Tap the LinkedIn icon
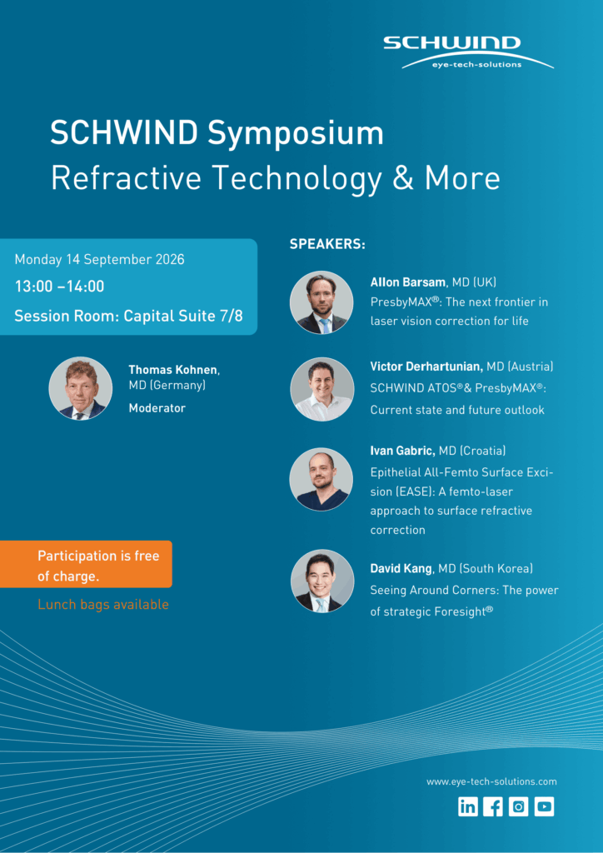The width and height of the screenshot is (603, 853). (x=467, y=806)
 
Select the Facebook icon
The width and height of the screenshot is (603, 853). (x=493, y=806)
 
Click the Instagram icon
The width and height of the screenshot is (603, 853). (x=519, y=806)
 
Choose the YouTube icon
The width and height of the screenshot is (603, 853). (x=544, y=806)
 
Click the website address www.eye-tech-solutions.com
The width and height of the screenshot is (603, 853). (x=491, y=781)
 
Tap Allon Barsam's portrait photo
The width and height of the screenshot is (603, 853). (x=321, y=302)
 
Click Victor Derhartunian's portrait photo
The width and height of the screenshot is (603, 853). (x=321, y=389)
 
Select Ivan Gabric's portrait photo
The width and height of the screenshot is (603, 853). (x=321, y=479)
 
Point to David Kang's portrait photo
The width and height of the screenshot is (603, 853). (x=321, y=581)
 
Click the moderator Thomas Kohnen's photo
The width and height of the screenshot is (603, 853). (x=81, y=388)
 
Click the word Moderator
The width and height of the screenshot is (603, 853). (x=157, y=407)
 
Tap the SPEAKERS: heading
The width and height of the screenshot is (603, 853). (x=327, y=244)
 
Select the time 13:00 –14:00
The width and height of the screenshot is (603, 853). (x=59, y=287)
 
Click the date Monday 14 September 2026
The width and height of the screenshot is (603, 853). (x=99, y=260)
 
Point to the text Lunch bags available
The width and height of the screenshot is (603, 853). (x=103, y=605)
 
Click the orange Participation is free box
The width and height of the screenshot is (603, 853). (x=86, y=564)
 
